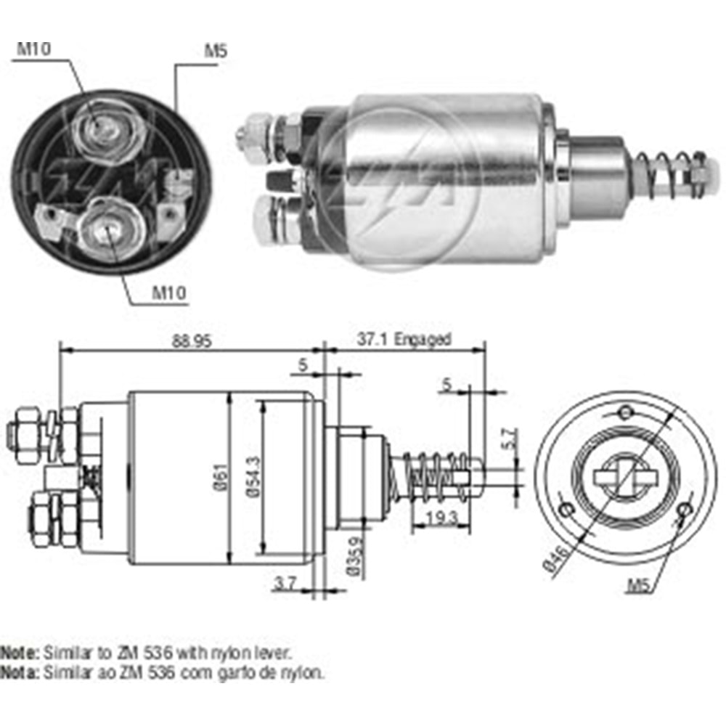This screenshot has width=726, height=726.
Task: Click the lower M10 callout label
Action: coord(168,293)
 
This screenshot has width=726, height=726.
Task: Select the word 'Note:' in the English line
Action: coord(20,653)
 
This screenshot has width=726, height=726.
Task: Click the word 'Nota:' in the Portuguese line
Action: coord(20,672)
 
